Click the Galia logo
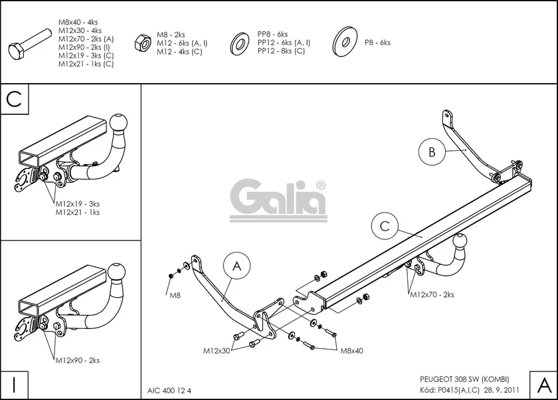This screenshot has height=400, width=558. pyautogui.click(x=278, y=199)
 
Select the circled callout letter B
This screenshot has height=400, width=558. pyautogui.click(x=432, y=152)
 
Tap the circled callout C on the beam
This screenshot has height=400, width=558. pyautogui.click(x=385, y=226)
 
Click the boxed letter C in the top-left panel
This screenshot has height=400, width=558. pyautogui.click(x=15, y=99)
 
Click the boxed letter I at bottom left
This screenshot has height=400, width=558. pyautogui.click(x=15, y=384)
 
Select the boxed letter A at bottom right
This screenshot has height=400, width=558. pyautogui.click(x=542, y=384)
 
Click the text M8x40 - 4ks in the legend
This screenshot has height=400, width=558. pyautogui.click(x=80, y=22)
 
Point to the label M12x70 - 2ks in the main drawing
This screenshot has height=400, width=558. pyautogui.click(x=432, y=294)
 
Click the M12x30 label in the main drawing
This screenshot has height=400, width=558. pyautogui.click(x=217, y=350)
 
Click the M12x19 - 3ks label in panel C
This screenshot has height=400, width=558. pyautogui.click(x=77, y=204)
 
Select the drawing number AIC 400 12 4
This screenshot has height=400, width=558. pyautogui.click(x=173, y=390)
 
